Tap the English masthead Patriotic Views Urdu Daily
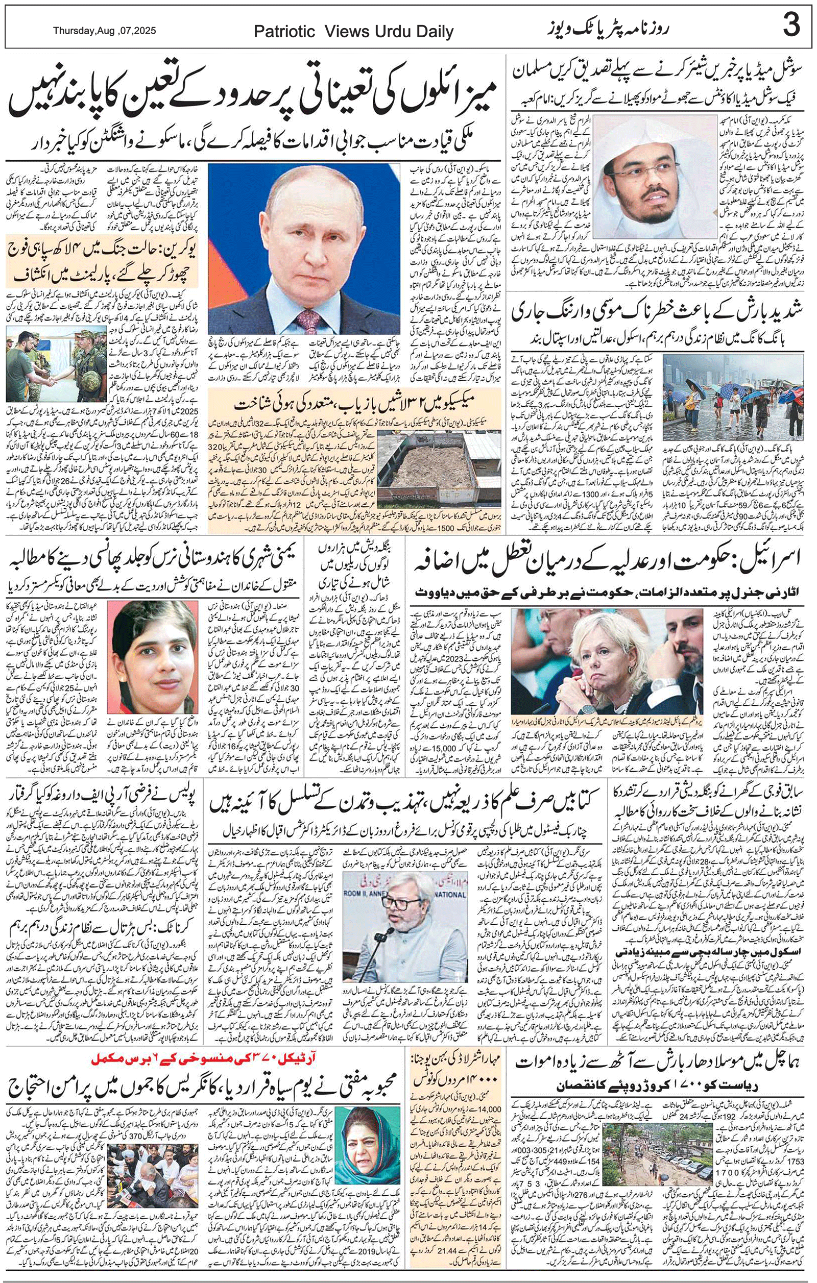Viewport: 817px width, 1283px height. pyautogui.click(x=353, y=32)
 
